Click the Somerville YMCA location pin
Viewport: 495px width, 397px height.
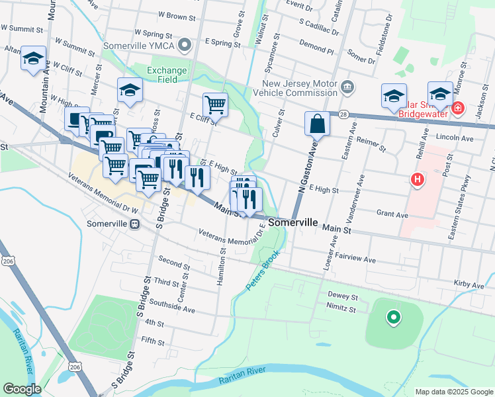coord(185,46)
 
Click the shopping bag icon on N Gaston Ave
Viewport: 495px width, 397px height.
coord(318,122)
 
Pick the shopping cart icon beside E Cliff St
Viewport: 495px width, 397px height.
coord(215,105)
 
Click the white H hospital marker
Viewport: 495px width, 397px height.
coord(417,179)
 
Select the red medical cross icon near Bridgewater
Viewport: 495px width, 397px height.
coord(457,107)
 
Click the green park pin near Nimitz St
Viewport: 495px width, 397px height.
coord(394,318)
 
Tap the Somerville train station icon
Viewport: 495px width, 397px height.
coord(135,224)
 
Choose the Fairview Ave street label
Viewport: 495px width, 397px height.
coord(355,255)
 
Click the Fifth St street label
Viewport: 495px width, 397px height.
coord(152,341)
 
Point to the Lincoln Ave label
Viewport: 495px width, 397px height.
coord(455,138)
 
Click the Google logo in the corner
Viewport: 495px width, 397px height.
coord(22,389)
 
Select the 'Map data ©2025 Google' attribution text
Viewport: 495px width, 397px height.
coord(453,392)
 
